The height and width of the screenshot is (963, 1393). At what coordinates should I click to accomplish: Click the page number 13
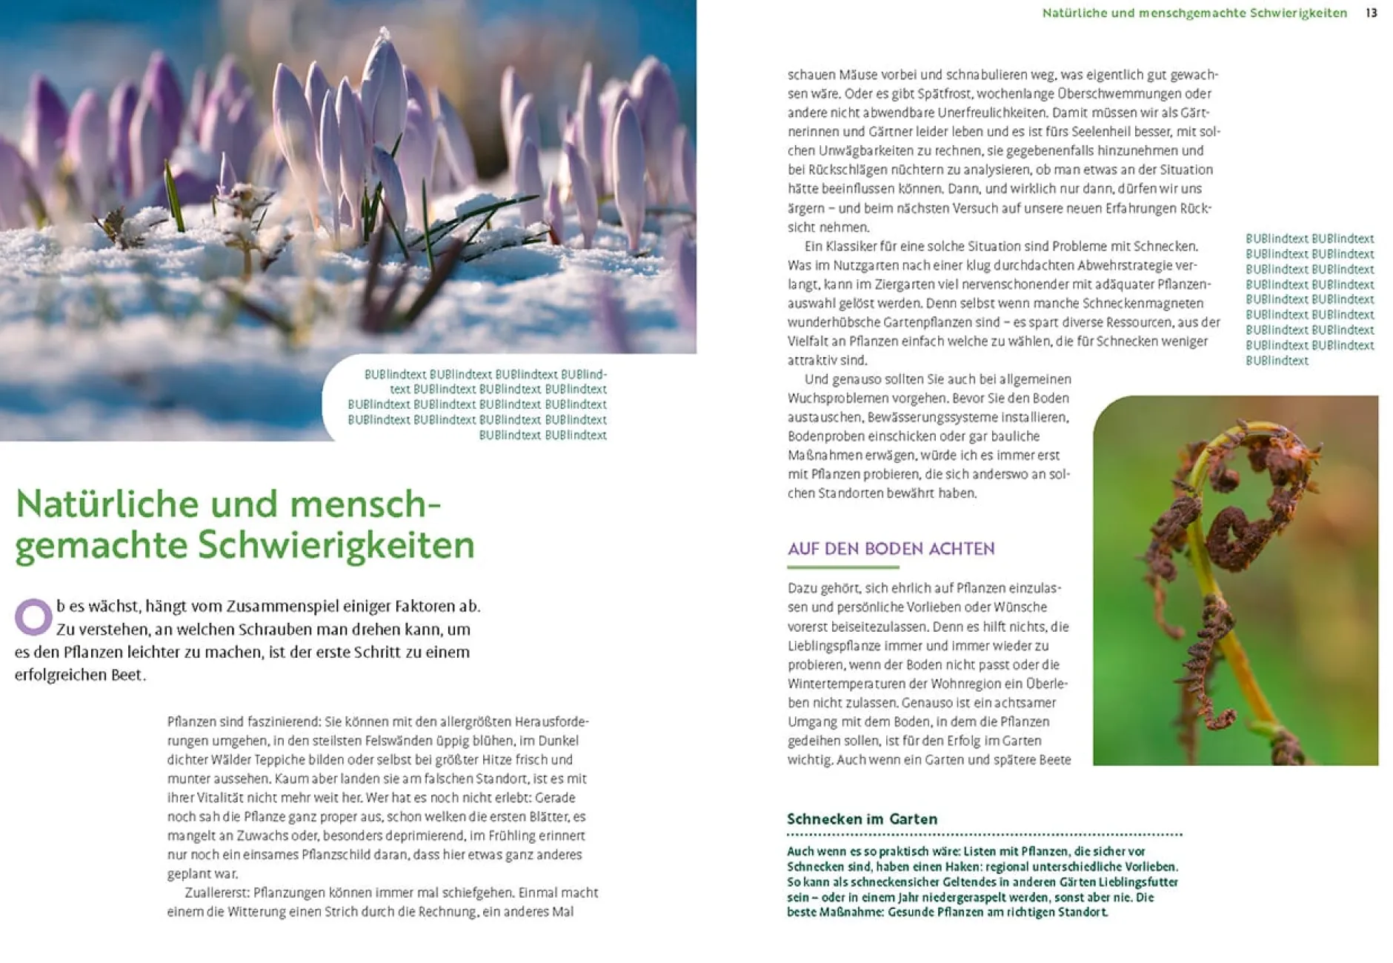tap(1372, 13)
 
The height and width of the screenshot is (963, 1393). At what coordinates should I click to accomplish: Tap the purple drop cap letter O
tap(33, 616)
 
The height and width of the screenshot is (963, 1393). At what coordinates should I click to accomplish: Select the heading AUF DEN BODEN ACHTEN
tap(891, 549)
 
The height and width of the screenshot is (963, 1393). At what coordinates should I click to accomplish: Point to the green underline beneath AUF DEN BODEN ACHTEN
tap(842, 567)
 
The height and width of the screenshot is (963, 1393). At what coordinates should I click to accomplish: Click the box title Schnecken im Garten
tap(862, 819)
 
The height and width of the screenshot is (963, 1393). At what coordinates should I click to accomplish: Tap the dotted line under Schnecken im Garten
tap(984, 835)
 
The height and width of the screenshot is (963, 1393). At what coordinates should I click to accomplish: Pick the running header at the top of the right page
tap(1194, 13)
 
